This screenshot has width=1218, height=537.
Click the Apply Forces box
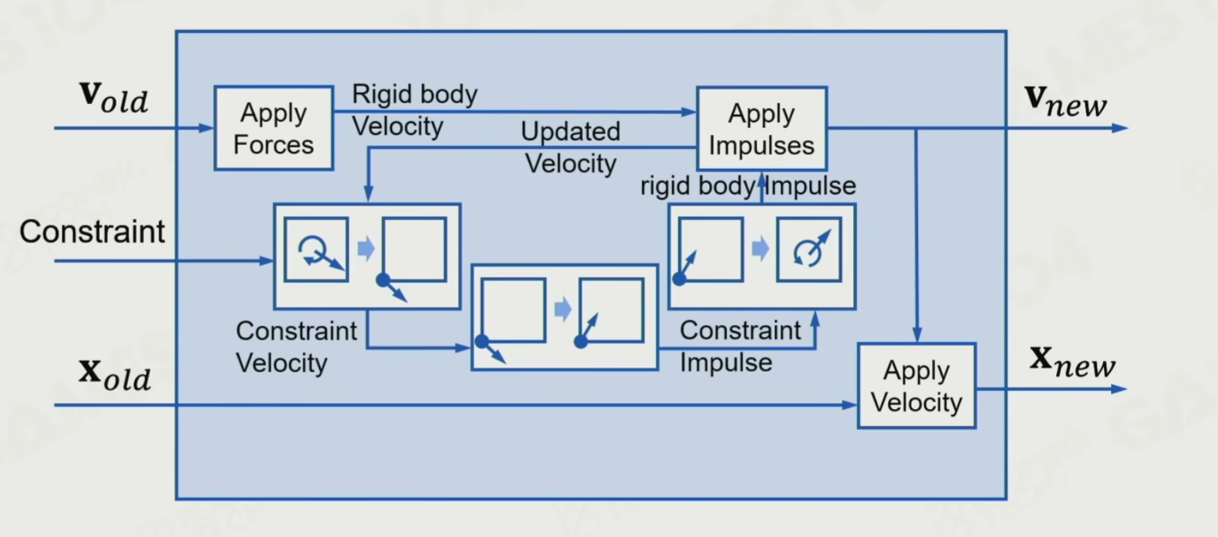[274, 128]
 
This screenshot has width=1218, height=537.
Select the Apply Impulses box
[761, 129]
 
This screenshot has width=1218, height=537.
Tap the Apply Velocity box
[916, 386]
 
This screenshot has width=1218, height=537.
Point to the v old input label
[113, 97]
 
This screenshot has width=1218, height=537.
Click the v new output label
[1065, 100]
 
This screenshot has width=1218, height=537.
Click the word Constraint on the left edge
[92, 231]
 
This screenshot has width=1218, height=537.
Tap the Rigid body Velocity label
[414, 110]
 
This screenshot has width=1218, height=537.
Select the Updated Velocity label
[570, 147]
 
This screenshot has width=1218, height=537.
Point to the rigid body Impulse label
[747, 186]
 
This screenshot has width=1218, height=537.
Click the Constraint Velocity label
[295, 346]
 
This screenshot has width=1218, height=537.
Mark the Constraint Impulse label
[740, 346]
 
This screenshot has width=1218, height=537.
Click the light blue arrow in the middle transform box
[563, 309]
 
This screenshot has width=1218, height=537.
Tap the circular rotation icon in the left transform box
[315, 249]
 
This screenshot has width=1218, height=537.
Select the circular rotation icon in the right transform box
[808, 249]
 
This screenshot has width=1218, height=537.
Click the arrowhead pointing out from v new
[1120, 128]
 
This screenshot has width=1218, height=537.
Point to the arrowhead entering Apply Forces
[207, 128]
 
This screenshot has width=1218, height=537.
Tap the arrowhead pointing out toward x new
[1119, 389]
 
